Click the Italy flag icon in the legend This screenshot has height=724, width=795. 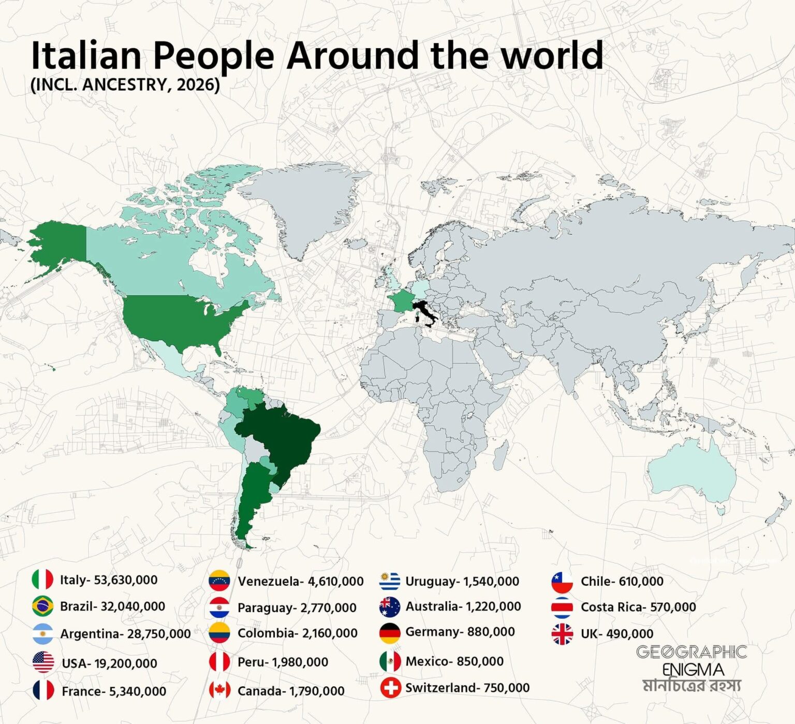[x=42, y=580]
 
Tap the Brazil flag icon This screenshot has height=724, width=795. [x=42, y=606]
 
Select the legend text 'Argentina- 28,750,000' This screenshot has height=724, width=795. [x=125, y=634]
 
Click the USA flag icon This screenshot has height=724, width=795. [x=43, y=662]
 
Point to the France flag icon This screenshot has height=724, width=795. [x=43, y=690]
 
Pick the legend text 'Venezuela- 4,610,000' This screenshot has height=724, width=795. [x=300, y=582]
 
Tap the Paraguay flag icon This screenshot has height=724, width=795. [x=219, y=607]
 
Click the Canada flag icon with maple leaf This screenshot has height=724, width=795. [x=219, y=690]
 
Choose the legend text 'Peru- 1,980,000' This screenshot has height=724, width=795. [x=283, y=662]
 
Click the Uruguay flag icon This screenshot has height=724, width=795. [x=390, y=581]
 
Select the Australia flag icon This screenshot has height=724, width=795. [x=390, y=606]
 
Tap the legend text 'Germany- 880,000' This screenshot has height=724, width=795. [x=460, y=632]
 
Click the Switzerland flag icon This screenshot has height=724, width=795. [x=390, y=688]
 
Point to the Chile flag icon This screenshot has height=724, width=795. [x=562, y=582]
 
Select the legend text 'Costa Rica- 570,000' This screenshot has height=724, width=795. [x=638, y=607]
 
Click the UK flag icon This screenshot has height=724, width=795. [x=562, y=634]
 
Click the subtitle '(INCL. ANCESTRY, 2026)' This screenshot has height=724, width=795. [x=125, y=84]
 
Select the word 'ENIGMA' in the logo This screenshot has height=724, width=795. [x=693, y=669]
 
